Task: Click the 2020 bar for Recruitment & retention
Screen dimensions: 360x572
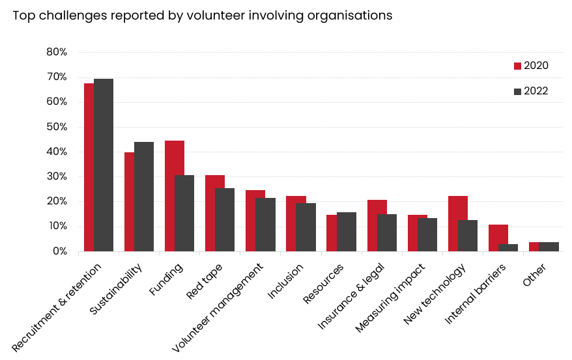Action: coord(89,167)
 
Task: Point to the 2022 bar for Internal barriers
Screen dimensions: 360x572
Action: coord(508,247)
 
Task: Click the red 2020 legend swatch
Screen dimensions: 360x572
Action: coord(518,66)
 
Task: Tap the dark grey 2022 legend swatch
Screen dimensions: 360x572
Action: coord(518,91)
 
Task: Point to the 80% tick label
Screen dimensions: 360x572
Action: coord(57,52)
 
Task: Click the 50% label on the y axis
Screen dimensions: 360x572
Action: coord(57,127)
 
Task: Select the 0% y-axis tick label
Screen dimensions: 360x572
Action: coord(59,251)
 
